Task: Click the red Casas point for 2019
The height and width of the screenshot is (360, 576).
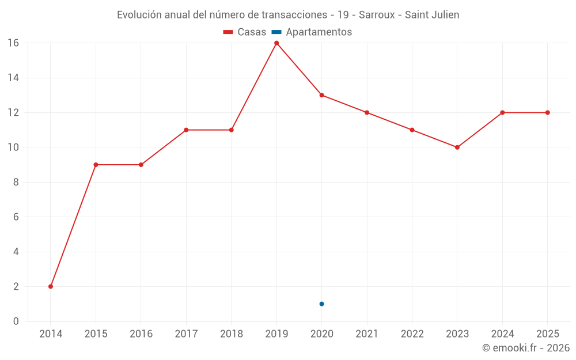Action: pos(276,43)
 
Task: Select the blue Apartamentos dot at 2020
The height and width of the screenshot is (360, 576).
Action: pos(321,304)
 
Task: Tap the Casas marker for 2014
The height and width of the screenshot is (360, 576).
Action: pos(51,286)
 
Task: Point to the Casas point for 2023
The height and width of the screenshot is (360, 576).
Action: pos(457,147)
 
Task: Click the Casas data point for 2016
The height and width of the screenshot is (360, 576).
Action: pos(141,165)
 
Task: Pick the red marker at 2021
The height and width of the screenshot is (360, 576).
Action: pos(367,112)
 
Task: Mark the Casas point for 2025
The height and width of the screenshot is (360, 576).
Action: pos(547,112)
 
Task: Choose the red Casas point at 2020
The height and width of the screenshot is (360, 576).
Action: pos(321,95)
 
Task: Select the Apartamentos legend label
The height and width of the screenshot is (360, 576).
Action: pos(319,32)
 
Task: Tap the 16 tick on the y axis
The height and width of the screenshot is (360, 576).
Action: pos(13,43)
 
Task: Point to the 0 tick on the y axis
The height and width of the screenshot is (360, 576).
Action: pos(16,321)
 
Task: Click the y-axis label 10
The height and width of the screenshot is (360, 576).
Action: pos(13,147)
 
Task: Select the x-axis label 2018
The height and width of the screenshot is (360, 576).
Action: pos(232,334)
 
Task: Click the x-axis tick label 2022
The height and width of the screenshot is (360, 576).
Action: pos(412,334)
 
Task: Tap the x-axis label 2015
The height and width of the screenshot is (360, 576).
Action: pos(96,334)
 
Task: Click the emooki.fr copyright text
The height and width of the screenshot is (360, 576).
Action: pos(525,348)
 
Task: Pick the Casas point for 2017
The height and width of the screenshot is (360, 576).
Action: pos(186,130)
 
